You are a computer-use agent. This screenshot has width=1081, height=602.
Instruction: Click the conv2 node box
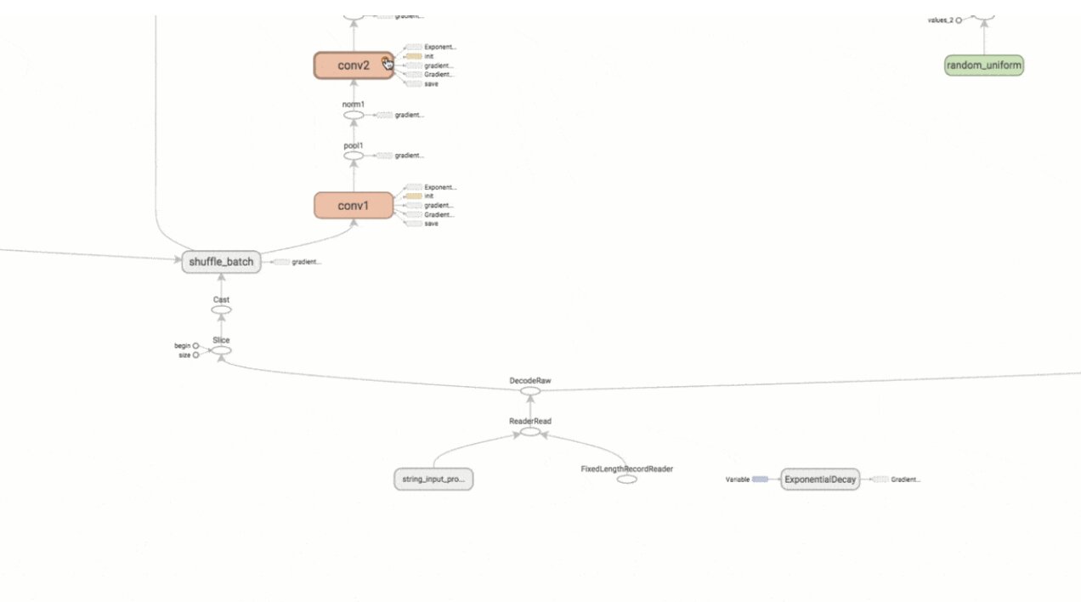click(x=354, y=65)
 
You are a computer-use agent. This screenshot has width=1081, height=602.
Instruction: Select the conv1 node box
click(x=354, y=205)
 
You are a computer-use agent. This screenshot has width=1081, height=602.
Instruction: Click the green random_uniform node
click(x=984, y=65)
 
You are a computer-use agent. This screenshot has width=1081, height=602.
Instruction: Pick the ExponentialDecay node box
click(x=819, y=480)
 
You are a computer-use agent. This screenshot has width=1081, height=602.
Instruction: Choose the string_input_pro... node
click(x=433, y=480)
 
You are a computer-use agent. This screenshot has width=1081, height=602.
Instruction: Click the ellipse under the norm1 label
click(x=354, y=115)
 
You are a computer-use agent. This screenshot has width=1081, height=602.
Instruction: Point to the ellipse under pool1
click(x=354, y=156)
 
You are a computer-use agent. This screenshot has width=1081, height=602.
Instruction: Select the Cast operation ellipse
click(x=221, y=310)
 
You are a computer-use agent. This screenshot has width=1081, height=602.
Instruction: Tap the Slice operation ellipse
click(x=221, y=349)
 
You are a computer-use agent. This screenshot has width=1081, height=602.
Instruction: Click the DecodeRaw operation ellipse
click(x=530, y=391)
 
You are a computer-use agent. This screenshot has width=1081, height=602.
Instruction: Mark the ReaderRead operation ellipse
click(x=530, y=432)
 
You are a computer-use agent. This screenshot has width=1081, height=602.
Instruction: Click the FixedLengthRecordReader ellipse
click(x=627, y=480)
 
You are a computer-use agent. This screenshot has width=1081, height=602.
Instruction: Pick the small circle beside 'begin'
click(x=195, y=346)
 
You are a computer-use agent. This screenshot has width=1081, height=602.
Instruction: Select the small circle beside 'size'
click(x=195, y=355)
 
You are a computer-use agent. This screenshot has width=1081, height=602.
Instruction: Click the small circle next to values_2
click(x=959, y=20)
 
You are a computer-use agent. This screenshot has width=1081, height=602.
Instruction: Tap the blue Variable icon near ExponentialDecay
click(x=760, y=480)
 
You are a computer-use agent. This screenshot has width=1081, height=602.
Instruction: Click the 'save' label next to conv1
click(x=431, y=224)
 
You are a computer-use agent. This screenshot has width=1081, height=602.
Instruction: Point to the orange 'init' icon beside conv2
click(x=414, y=56)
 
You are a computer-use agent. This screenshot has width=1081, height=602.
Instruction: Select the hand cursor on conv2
click(x=387, y=63)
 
